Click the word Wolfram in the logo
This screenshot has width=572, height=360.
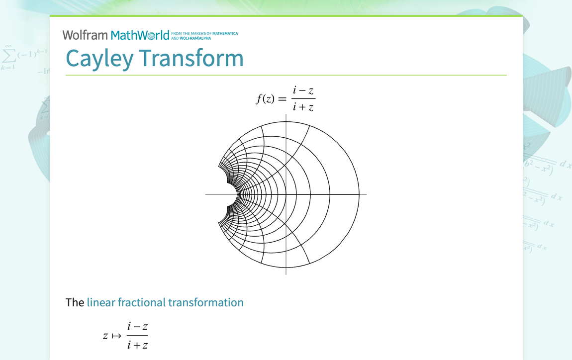(85, 35)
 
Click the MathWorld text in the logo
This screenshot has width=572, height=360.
(140, 35)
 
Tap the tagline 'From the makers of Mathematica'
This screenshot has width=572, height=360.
(204, 34)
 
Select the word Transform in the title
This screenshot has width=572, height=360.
(191, 58)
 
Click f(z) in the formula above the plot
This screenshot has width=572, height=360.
(265, 98)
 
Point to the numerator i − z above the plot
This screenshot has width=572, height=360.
(303, 90)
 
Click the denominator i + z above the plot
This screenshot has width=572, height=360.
(303, 106)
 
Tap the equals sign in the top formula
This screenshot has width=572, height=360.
(282, 98)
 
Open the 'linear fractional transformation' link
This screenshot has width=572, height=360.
(165, 302)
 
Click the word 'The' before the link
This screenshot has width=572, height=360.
(75, 302)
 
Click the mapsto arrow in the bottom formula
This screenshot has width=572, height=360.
(116, 336)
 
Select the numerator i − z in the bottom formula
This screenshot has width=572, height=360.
(137, 327)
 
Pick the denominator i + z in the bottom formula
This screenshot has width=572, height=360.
(137, 345)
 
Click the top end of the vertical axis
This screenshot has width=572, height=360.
(286, 115)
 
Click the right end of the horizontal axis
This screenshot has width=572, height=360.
(366, 194)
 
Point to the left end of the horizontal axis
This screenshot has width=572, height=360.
(206, 194)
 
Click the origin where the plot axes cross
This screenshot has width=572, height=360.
(286, 194)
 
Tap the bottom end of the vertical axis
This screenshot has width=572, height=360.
(286, 274)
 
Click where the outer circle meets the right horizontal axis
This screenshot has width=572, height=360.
(359, 194)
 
